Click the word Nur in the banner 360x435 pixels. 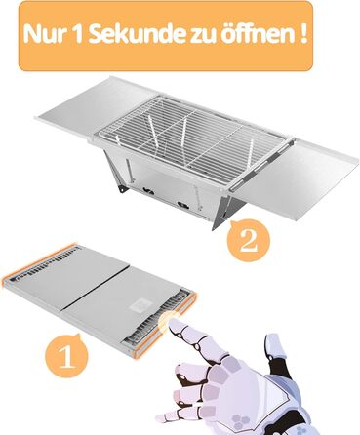click(44, 35)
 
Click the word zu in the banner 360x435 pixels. click(199, 36)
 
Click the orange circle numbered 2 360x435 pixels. click(248, 240)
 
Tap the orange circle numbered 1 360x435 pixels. click(66, 355)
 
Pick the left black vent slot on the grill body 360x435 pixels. click(148, 191)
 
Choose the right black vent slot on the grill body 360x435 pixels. click(182, 205)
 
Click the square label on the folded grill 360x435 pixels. click(140, 305)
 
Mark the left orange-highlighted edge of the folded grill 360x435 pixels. click(39, 261)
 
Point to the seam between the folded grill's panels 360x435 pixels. click(96, 287)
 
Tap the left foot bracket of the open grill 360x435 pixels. click(123, 189)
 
